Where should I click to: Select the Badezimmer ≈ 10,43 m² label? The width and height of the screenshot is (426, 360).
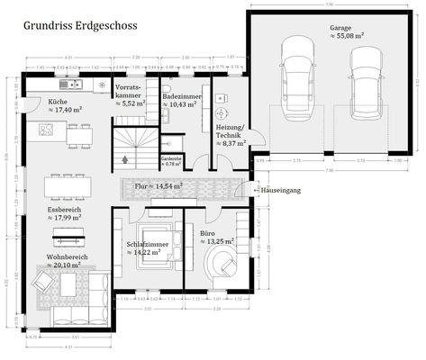tap(182, 100)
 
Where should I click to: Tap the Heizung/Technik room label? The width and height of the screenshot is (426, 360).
tap(231, 136)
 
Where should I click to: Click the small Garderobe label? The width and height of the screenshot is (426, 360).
tap(171, 161)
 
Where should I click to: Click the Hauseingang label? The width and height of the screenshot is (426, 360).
tap(278, 192)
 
